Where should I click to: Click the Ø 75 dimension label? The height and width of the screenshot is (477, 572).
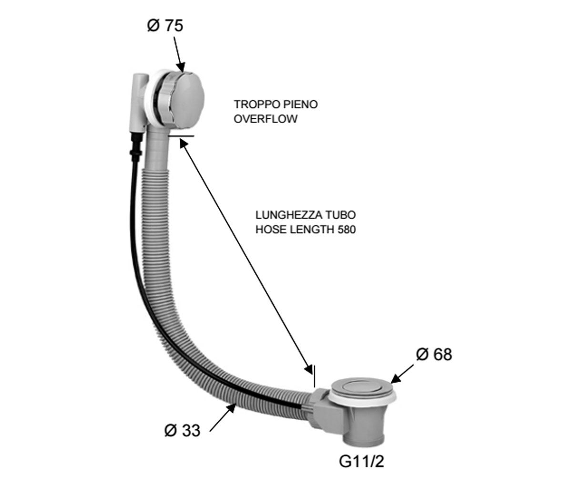pyautogui.click(x=165, y=26)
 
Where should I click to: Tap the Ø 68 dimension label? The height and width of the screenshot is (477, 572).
pyautogui.click(x=434, y=354)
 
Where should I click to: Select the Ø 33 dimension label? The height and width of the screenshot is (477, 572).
pyautogui.click(x=182, y=430)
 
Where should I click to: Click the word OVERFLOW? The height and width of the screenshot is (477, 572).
pyautogui.click(x=266, y=119)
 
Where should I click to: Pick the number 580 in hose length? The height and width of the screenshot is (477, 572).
pyautogui.click(x=347, y=229)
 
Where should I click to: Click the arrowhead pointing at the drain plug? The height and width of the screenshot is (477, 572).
pyautogui.click(x=395, y=379)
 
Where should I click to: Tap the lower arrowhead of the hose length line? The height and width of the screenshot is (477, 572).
pyautogui.click(x=309, y=369)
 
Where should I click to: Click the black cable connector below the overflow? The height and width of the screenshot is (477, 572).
pyautogui.click(x=136, y=146)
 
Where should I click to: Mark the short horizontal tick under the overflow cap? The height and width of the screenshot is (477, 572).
pyautogui.click(x=181, y=135)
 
